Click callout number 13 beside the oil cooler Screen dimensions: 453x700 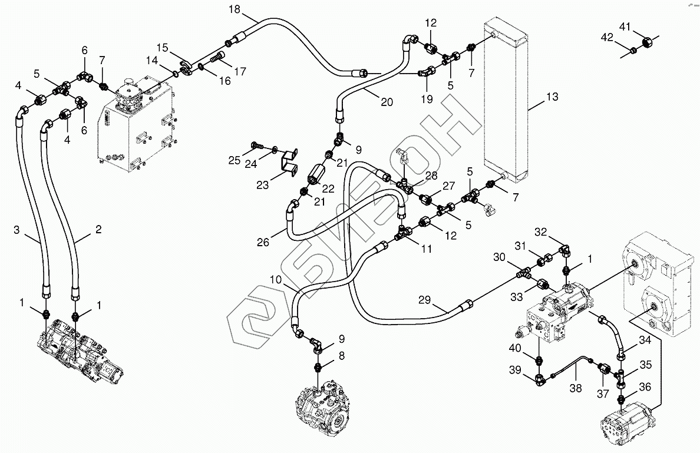point(552,97)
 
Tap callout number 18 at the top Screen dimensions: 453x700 point(234,9)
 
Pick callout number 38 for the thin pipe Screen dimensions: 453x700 point(576,388)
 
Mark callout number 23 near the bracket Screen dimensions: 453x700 point(262,185)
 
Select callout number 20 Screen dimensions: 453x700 point(386,101)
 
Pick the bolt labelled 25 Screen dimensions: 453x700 point(257,144)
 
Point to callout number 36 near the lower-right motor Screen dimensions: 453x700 point(645,386)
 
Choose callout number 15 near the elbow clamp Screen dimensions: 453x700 point(162,47)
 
